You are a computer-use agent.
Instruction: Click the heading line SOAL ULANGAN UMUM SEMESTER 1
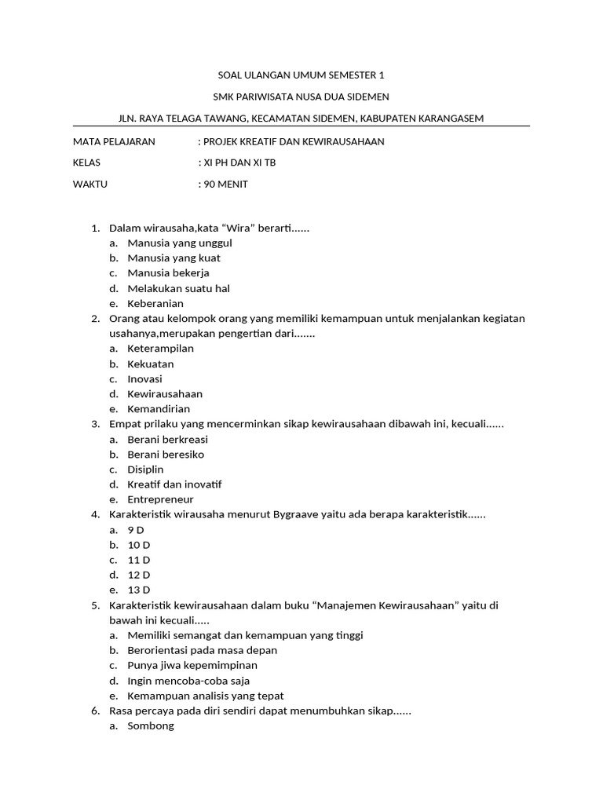(301, 75)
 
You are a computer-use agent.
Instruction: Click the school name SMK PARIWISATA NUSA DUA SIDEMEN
(301, 97)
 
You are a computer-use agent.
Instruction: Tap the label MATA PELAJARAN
(114, 141)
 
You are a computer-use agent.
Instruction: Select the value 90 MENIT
(225, 185)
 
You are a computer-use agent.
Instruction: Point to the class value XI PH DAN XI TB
(239, 163)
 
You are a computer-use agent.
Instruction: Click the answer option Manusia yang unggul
(179, 243)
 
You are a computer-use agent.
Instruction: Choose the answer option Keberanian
(155, 303)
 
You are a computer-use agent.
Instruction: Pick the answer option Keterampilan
(161, 349)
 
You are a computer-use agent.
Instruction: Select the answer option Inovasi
(144, 379)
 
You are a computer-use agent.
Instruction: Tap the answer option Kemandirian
(159, 409)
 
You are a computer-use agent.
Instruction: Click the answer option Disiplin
(145, 470)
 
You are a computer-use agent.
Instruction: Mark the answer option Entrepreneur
(160, 499)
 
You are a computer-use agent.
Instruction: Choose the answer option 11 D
(138, 560)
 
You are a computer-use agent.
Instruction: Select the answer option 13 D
(138, 590)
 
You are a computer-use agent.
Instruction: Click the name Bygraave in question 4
(295, 515)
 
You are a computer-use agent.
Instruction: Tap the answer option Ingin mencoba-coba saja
(188, 681)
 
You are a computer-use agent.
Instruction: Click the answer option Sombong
(151, 726)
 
